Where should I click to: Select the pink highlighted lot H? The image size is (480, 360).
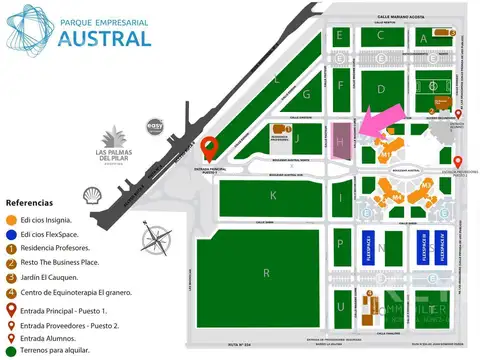pos(342,142)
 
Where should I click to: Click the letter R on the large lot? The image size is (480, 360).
pos(266,272)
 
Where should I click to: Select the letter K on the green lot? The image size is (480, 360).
pos(272,196)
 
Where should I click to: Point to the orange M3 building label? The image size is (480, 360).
pos(426,186)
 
